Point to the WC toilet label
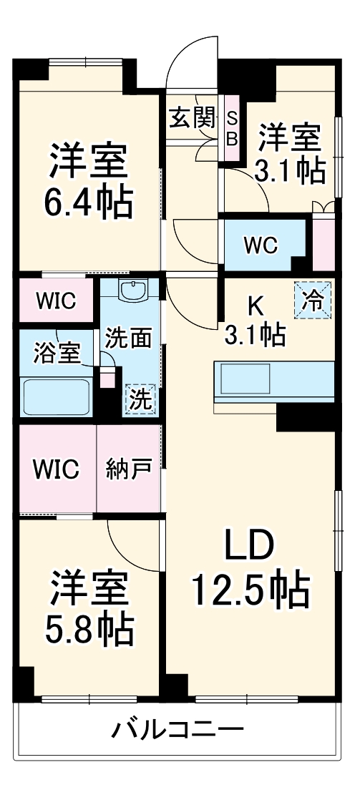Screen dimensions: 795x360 click(x=259, y=245)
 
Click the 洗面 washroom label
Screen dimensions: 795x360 click(x=128, y=338)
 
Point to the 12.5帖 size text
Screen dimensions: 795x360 click(x=250, y=590)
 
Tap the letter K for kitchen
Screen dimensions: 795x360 click(x=256, y=306)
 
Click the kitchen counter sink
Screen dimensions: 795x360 click(x=245, y=377)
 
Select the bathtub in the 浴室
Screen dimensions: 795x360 click(x=57, y=396)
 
